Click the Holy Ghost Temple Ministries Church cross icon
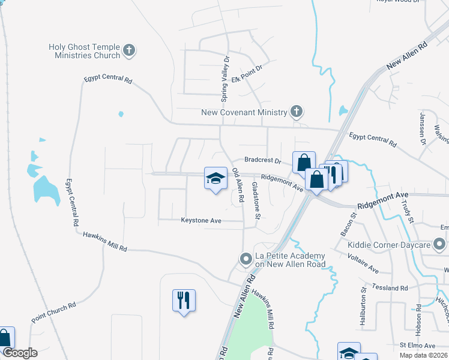click(x=129, y=51)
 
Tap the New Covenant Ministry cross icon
click(x=296, y=111)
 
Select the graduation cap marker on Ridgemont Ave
click(x=215, y=179)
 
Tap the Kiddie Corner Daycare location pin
click(x=439, y=245)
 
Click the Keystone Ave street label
click(x=202, y=221)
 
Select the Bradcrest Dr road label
click(x=263, y=161)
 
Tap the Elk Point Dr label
click(x=247, y=77)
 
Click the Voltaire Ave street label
click(x=363, y=262)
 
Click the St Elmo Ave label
click(x=417, y=346)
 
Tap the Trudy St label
click(x=408, y=211)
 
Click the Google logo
click(x=20, y=353)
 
